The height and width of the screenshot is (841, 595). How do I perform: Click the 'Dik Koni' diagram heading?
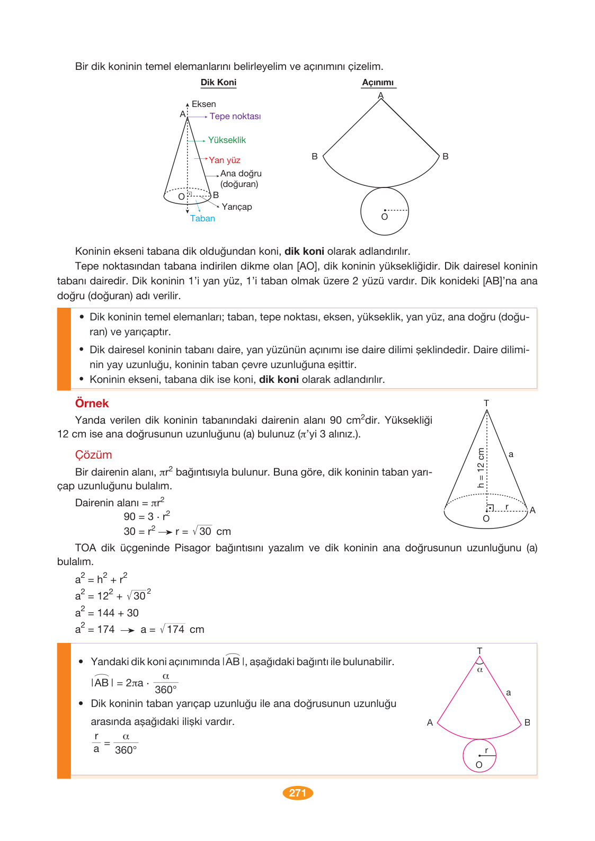tap(218, 83)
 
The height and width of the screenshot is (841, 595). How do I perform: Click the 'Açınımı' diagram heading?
tap(378, 83)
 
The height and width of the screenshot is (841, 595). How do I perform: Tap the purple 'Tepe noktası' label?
tap(235, 117)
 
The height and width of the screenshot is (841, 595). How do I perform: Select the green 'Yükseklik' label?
tap(227, 140)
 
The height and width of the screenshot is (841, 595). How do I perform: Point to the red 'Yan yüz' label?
tap(224, 160)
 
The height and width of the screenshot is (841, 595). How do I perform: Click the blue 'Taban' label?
tap(202, 219)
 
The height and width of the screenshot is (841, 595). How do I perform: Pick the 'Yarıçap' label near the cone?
tap(237, 207)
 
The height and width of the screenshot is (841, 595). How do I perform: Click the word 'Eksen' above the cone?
tap(203, 104)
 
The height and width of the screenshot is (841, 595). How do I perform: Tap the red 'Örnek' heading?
tap(92, 404)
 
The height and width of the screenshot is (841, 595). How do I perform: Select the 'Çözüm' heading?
tap(93, 455)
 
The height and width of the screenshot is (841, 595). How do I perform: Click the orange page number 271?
tap(298, 793)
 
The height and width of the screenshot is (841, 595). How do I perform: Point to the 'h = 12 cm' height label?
tap(481, 468)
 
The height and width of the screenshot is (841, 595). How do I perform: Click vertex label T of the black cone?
tap(486, 403)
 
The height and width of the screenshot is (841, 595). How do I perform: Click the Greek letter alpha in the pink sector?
tap(480, 670)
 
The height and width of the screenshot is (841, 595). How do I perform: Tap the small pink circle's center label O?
tap(479, 765)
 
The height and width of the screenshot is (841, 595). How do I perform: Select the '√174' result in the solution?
tap(173, 630)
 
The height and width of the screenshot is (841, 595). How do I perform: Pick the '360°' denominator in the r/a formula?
tap(126, 750)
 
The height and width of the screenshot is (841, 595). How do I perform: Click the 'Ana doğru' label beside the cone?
tap(241, 174)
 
